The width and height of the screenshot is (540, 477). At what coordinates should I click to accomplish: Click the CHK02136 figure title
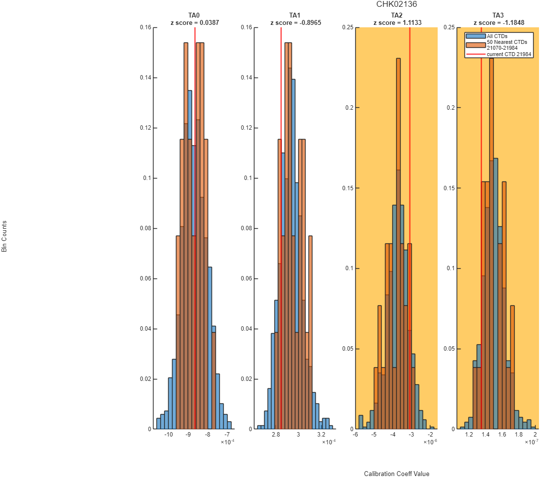(x=396, y=4)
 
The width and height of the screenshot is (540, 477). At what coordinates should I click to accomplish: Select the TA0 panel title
(x=194, y=15)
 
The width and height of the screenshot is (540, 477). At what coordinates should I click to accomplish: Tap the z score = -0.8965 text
(x=296, y=23)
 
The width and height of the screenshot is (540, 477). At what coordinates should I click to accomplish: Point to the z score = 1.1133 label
(x=397, y=23)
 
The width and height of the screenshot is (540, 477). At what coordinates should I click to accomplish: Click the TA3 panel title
(x=498, y=15)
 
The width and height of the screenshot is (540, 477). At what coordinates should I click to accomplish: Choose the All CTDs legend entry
(x=497, y=36)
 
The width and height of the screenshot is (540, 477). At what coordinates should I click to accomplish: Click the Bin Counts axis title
(x=4, y=237)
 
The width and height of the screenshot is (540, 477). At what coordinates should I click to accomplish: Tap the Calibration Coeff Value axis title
(x=397, y=474)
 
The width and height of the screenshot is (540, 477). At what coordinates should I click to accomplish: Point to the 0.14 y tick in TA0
(x=145, y=78)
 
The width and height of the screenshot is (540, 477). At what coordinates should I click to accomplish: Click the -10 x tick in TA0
(x=169, y=435)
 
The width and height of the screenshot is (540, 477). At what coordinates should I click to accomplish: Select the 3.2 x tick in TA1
(x=321, y=435)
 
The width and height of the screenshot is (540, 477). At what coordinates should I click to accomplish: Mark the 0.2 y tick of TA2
(x=349, y=107)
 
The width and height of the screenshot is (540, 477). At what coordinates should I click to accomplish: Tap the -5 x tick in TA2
(x=374, y=435)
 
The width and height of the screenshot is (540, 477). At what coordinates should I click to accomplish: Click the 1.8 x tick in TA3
(x=519, y=435)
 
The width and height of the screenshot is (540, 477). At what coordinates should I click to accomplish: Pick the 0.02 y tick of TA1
(x=247, y=379)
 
